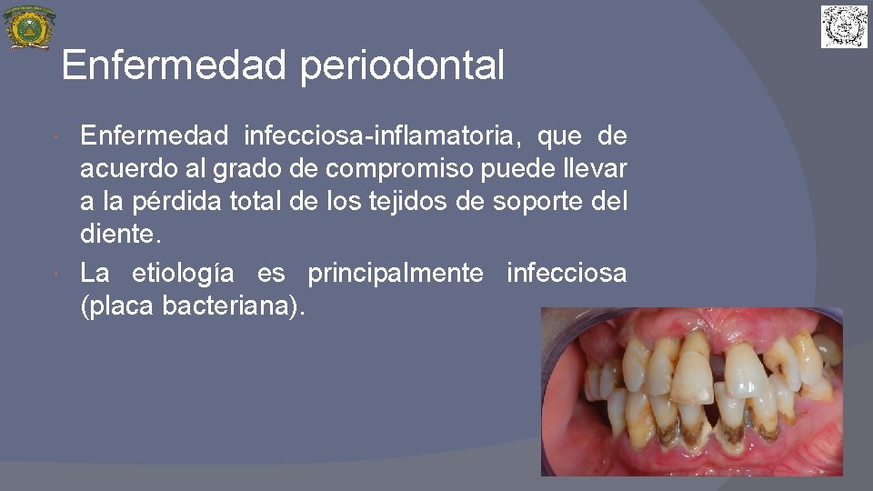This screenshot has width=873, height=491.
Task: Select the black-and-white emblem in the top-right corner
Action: (x=844, y=26)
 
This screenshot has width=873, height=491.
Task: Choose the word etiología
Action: (x=183, y=272)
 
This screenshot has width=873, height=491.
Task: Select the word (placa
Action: (x=117, y=306)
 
